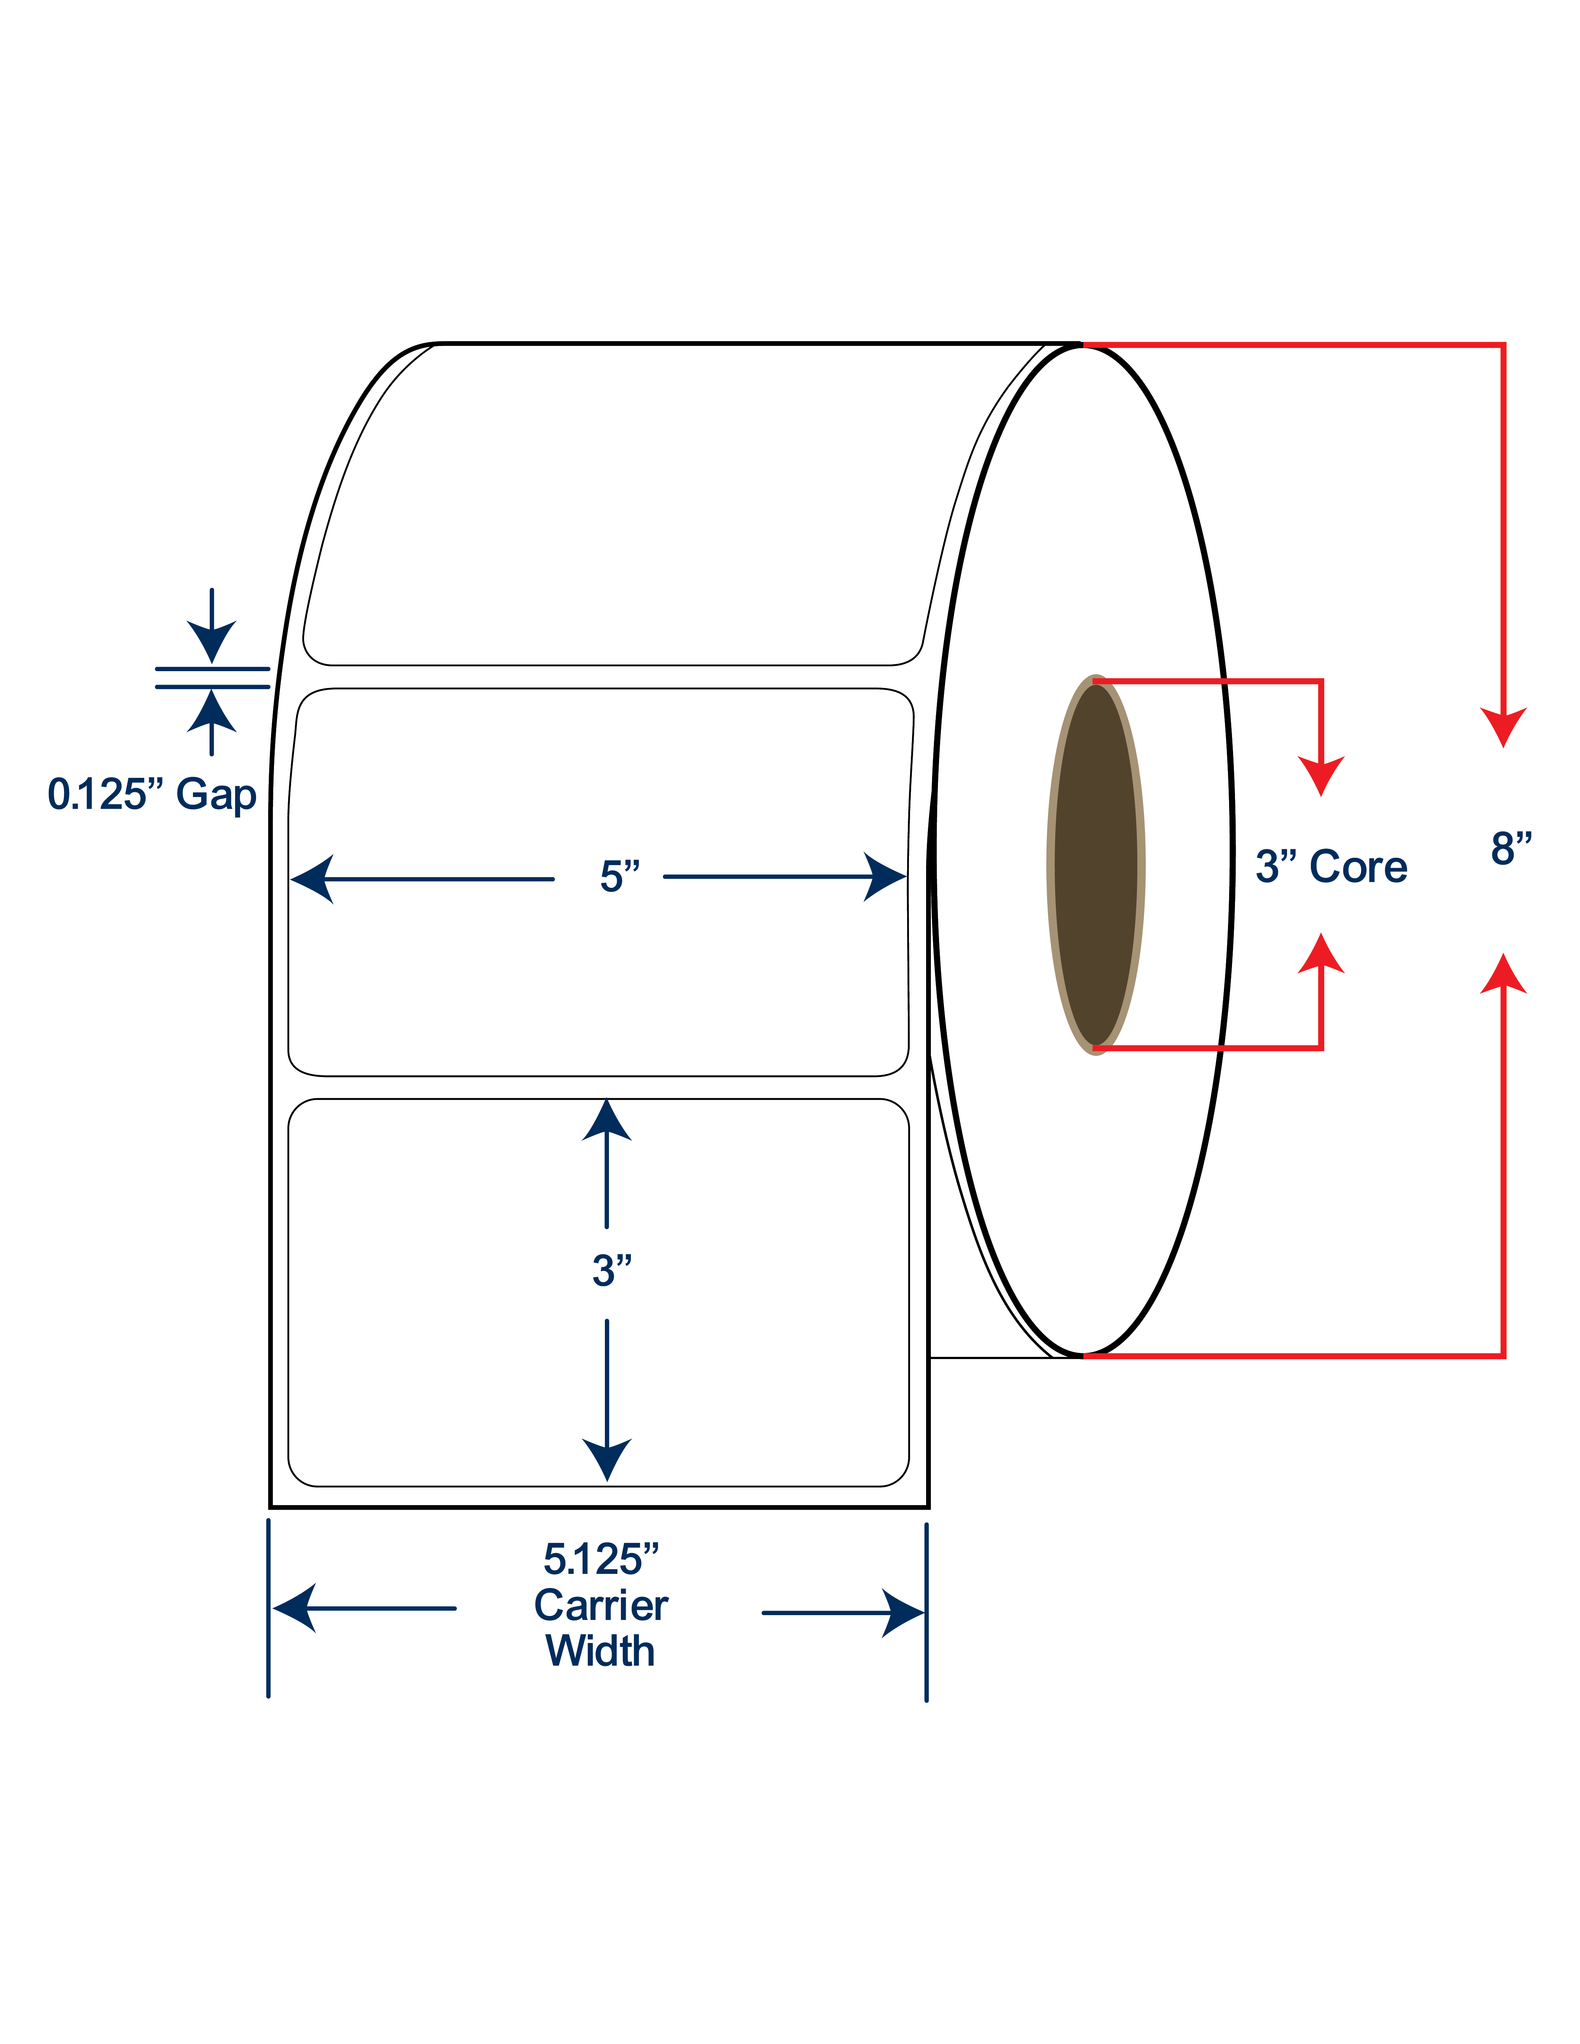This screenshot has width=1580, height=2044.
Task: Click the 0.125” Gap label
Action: (152, 795)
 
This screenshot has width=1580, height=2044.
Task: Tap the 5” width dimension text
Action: (620, 877)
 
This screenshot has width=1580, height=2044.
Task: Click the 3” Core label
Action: (1331, 867)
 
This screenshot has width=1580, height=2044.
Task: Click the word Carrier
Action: (601, 1606)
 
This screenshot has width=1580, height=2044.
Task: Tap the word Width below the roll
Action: (600, 1651)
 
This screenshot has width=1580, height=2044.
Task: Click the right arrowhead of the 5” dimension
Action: (884, 877)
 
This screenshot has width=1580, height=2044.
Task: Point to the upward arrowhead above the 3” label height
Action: (607, 1120)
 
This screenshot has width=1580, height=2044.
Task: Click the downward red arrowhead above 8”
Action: (1503, 727)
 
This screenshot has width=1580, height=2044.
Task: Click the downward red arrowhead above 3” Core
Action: (1321, 776)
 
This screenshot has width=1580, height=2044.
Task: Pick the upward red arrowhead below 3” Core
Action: (1321, 953)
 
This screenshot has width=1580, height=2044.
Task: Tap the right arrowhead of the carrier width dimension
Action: (903, 1613)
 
